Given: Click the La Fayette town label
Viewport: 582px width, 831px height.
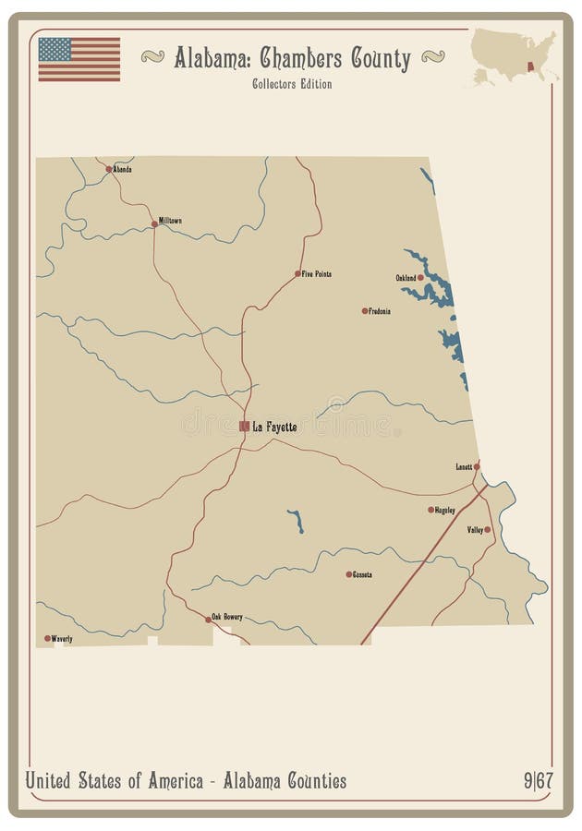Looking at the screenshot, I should [274, 427].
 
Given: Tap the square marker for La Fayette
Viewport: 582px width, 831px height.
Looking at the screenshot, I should [244, 426].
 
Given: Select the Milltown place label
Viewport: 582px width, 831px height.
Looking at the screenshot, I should [170, 221].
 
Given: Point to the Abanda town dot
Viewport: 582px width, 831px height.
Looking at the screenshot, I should [109, 169].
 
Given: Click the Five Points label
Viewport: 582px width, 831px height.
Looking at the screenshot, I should [316, 274].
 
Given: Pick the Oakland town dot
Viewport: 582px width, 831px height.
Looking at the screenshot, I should [420, 277].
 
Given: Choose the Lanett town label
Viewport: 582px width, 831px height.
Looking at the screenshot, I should [464, 466].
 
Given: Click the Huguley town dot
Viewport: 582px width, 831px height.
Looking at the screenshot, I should [430, 510].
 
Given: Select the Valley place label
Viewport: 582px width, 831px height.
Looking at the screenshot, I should [475, 530].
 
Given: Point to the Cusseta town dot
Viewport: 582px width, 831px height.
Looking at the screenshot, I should [349, 574].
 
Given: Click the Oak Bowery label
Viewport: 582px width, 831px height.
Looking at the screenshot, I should [227, 616].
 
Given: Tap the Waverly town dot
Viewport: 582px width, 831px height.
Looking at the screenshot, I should [47, 638].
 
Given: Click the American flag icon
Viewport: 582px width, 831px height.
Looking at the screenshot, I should [79, 59].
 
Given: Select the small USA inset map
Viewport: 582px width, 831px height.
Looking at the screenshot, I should [514, 57].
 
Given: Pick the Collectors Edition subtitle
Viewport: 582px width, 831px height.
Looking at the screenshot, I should [291, 84].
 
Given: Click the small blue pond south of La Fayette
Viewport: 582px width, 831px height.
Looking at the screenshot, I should [297, 522].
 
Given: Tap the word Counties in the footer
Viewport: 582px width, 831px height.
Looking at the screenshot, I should [309, 781].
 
